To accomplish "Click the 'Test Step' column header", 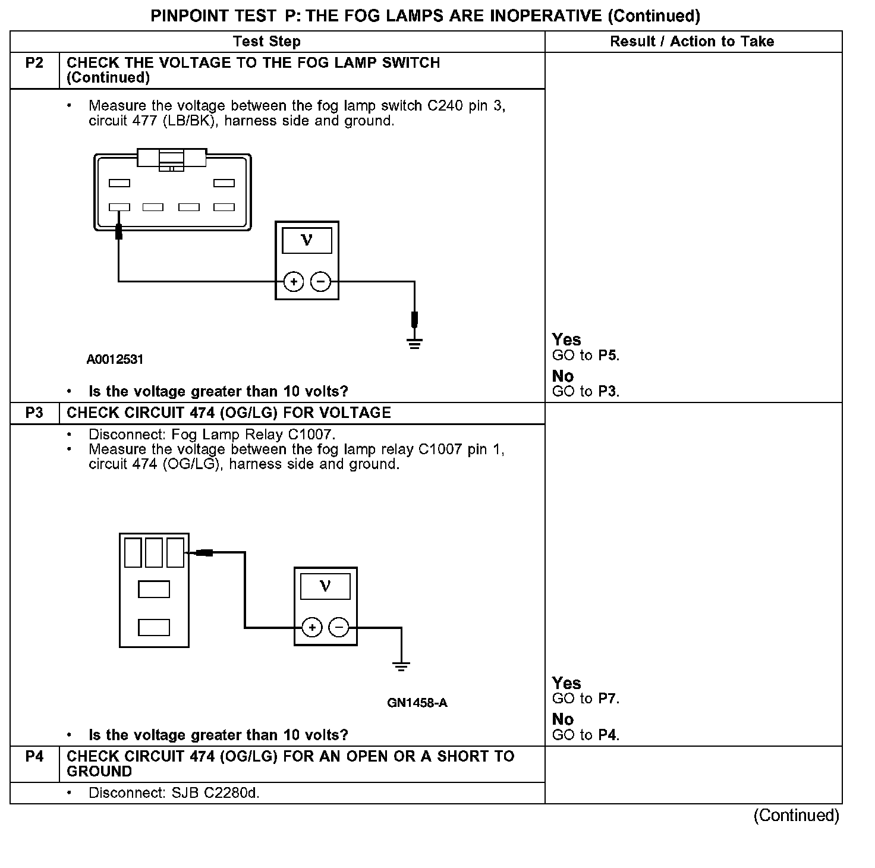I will point(266,42).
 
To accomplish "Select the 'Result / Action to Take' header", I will point(692,42).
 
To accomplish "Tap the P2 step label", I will point(34,63).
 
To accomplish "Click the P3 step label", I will point(34,413).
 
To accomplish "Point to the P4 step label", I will point(34,757).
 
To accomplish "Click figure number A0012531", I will point(115,360).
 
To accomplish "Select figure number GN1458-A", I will point(417,703).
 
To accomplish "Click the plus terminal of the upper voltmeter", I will point(294,281).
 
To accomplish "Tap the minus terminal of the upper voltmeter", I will point(320,281).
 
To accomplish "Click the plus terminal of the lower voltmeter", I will point(312,627).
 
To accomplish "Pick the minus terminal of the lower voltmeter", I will point(339,627).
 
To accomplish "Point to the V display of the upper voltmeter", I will point(307,241).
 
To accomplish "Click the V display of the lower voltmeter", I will point(325,587).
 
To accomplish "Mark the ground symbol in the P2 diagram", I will point(414,343).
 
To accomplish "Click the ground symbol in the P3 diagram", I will point(401,666).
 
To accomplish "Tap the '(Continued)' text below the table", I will point(796,816).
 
